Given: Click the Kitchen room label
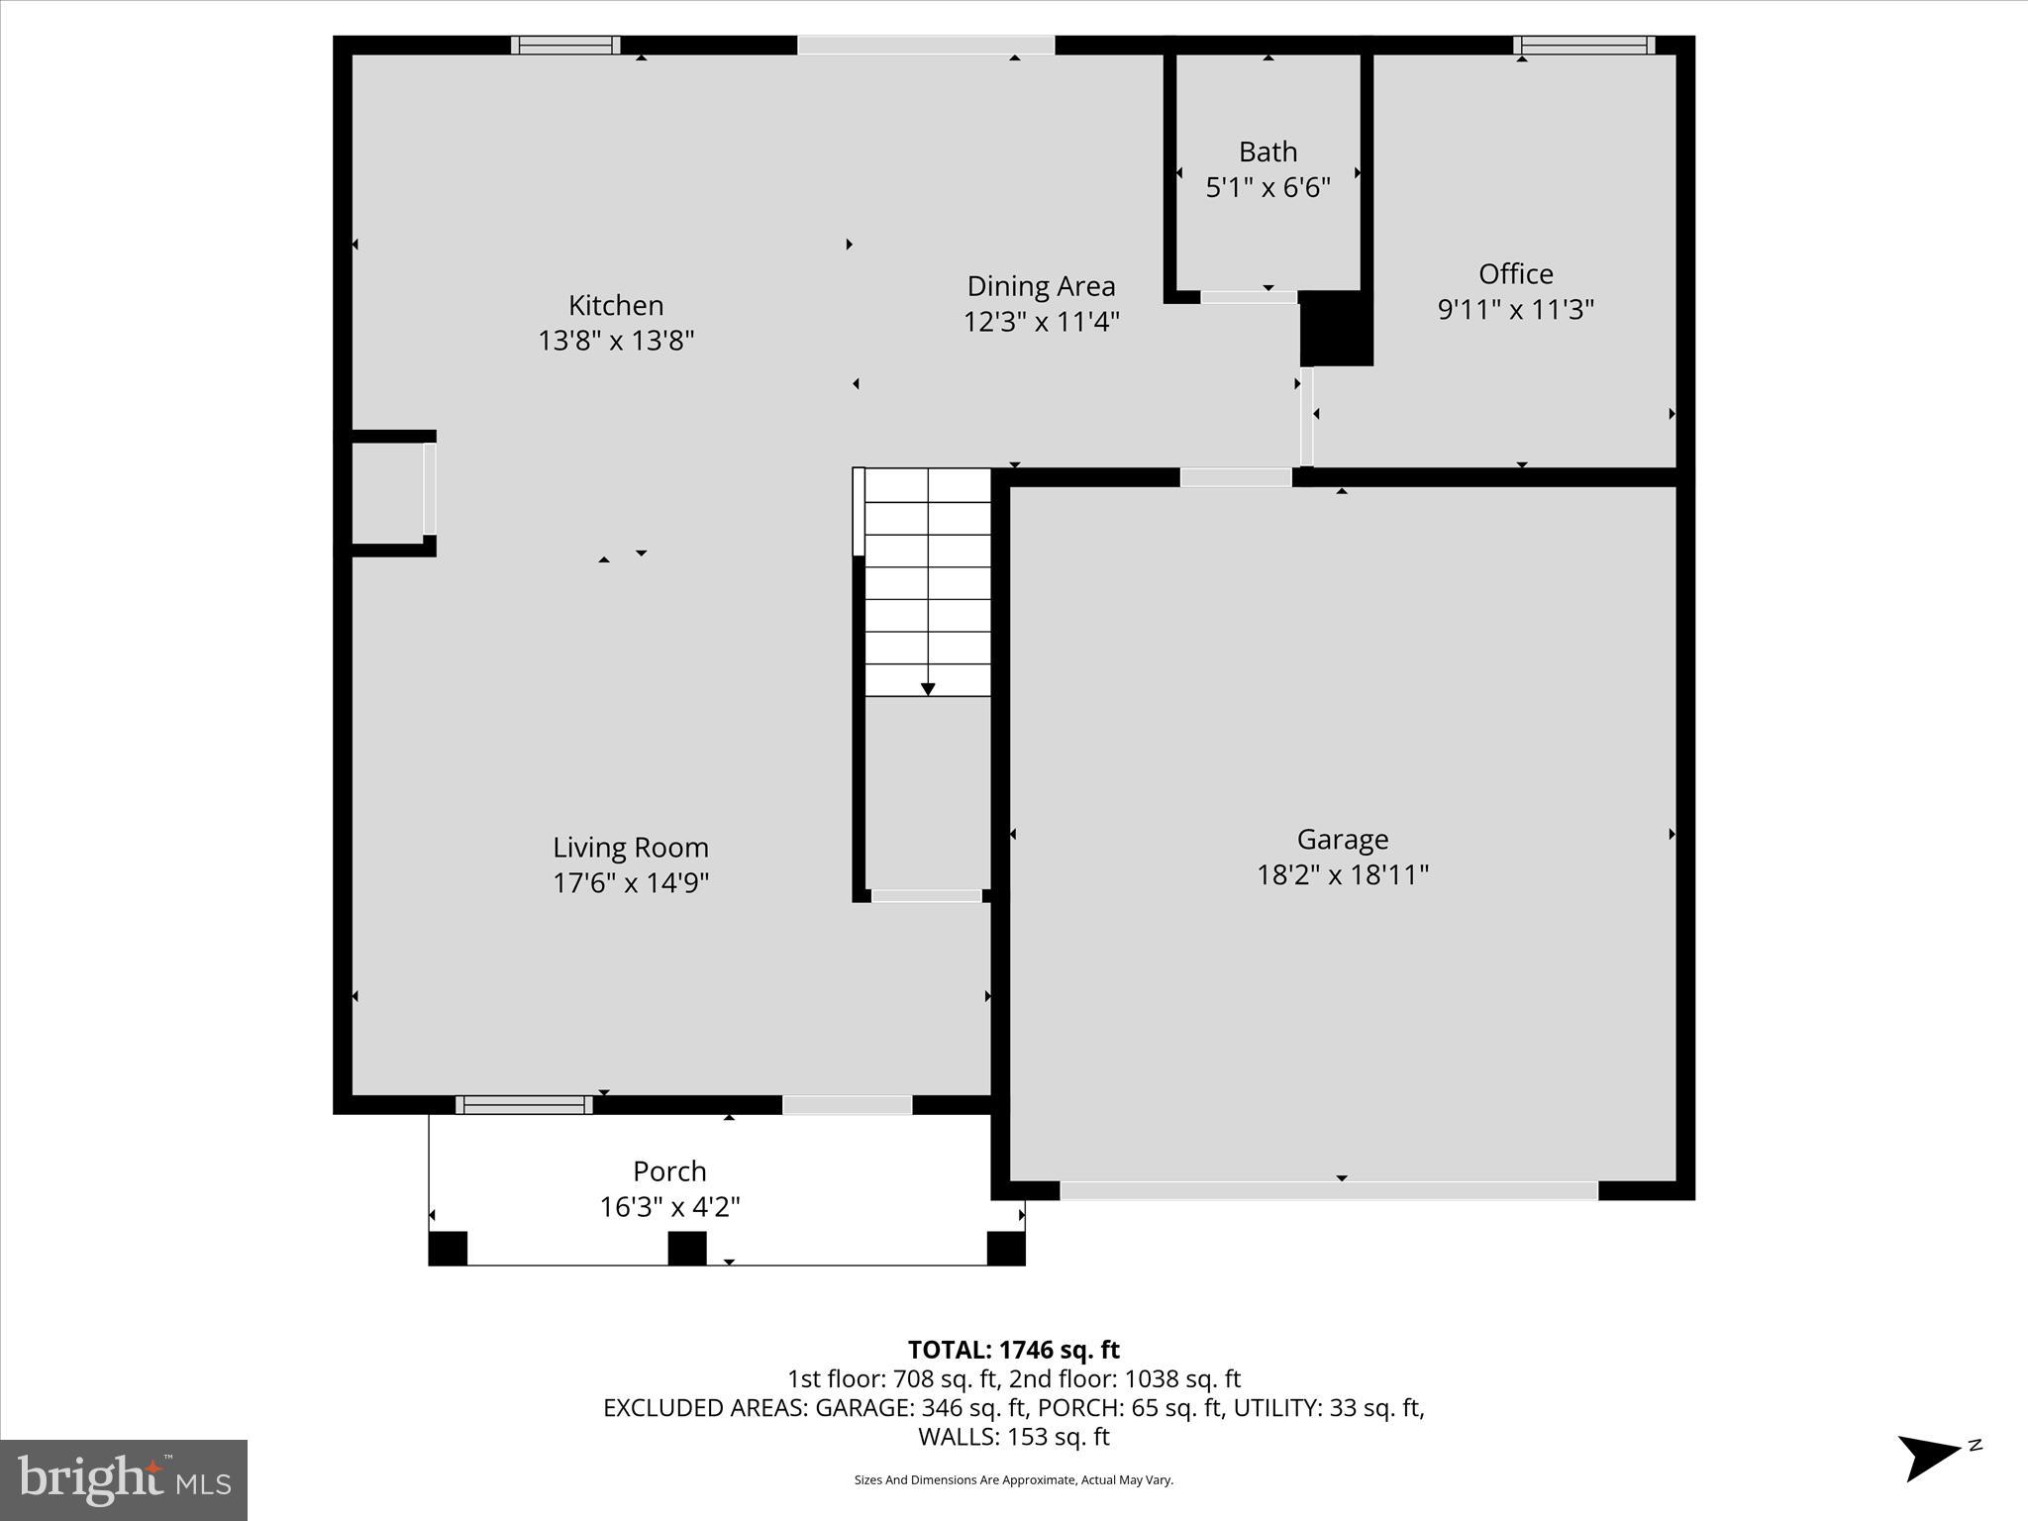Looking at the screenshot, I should [x=616, y=305].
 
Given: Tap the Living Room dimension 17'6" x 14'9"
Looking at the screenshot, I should [x=631, y=882].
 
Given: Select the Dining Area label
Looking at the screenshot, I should [x=1041, y=286].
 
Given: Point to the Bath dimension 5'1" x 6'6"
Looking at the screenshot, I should [x=1267, y=187].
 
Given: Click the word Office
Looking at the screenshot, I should [x=1515, y=273].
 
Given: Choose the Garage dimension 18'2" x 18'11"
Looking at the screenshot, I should [x=1342, y=874].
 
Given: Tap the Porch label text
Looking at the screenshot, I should [x=669, y=1171].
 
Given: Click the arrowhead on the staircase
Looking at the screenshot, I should [x=928, y=689].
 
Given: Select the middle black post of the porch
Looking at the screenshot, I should [x=687, y=1248].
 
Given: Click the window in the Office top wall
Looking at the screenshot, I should [x=1584, y=45].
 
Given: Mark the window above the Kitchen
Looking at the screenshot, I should [x=565, y=45].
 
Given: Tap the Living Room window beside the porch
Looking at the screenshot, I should [x=524, y=1105].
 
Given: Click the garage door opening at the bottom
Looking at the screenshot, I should [x=1329, y=1190].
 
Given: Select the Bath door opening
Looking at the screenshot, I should [x=1249, y=297].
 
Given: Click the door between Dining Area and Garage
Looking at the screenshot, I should [x=1236, y=477].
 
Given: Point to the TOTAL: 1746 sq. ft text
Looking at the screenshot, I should [x=1013, y=1350].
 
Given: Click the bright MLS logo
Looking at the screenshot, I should [x=124, y=1480].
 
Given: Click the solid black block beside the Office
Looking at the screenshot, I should [x=1336, y=329].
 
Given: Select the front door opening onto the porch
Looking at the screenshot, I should [x=848, y=1105].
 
